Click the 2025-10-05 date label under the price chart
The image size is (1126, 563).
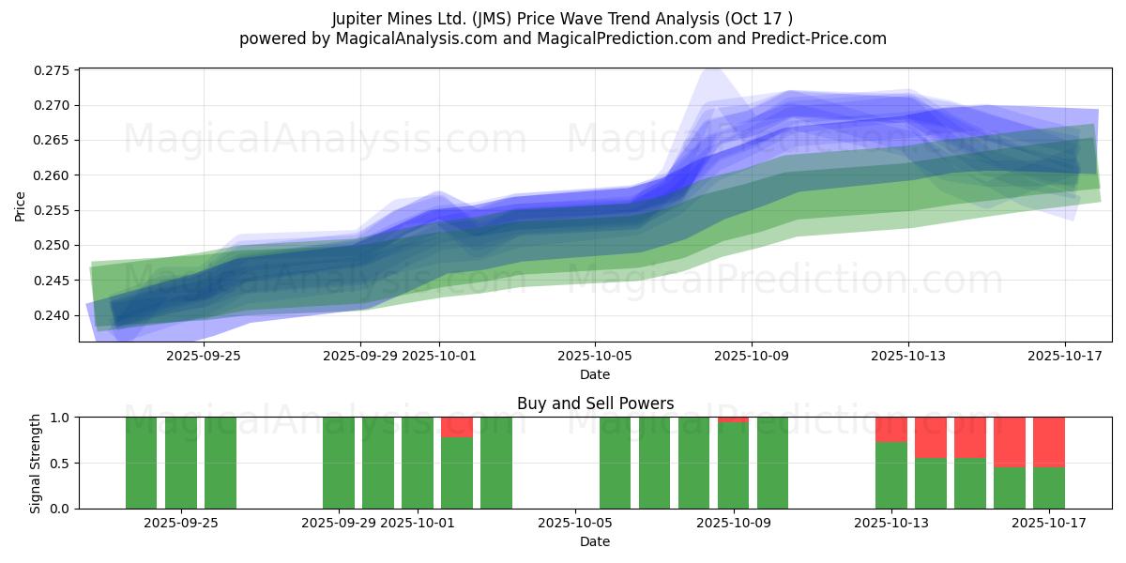click(595, 356)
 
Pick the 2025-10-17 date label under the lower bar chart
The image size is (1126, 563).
click(1049, 523)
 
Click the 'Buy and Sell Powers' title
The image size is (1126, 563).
click(595, 403)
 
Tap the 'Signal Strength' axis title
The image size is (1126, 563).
click(36, 463)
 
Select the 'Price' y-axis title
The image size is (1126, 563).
click(21, 205)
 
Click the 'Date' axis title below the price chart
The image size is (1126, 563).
click(595, 374)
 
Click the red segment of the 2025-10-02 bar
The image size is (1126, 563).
click(457, 426)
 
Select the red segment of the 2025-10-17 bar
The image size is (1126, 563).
click(1049, 441)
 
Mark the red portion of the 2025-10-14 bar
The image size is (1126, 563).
click(931, 436)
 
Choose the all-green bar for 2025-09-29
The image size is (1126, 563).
click(339, 463)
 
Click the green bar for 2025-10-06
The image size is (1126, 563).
click(616, 463)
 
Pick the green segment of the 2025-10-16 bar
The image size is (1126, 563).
click(1010, 488)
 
